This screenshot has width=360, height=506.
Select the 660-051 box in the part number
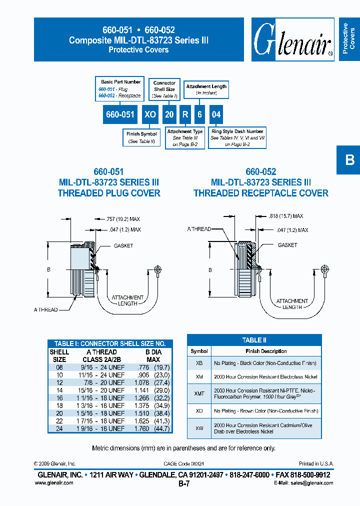tap(120, 114)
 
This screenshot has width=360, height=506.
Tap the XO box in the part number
tap(150, 114)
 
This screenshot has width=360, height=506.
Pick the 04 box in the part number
tap(216, 114)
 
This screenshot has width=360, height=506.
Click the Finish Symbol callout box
tap(141, 137)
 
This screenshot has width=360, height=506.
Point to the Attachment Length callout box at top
tap(206, 89)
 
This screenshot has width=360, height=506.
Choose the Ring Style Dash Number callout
tap(237, 137)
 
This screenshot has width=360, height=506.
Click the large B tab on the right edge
tap(349, 160)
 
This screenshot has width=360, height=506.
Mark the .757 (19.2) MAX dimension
tap(123, 219)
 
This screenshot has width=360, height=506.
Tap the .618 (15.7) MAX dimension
tap(286, 216)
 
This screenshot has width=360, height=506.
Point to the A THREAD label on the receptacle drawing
tap(199, 229)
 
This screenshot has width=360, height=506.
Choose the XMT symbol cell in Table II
tap(199, 393)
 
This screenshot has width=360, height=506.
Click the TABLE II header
tap(254, 340)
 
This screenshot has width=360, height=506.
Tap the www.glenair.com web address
tap(54, 483)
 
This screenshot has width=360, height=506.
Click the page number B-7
tap(183, 484)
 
